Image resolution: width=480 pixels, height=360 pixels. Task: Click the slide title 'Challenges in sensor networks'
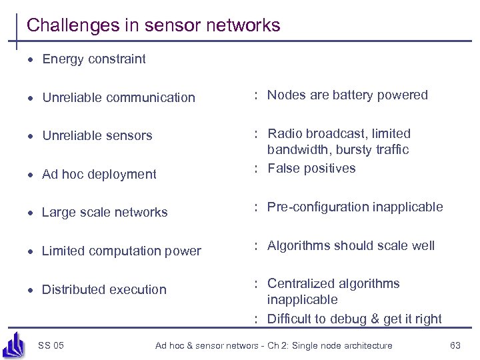pyautogui.click(x=153, y=25)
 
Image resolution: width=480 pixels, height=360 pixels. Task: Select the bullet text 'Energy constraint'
pyautogui.click(x=93, y=59)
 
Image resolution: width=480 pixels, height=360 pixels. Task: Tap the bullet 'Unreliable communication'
pyautogui.click(x=118, y=97)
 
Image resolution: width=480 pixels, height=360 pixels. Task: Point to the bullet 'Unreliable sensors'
pyautogui.click(x=97, y=135)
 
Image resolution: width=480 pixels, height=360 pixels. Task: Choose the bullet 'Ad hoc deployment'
pyautogui.click(x=99, y=174)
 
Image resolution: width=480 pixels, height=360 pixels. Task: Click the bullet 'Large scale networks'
pyautogui.click(x=104, y=212)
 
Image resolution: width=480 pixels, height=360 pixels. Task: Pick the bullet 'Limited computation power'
pyautogui.click(x=121, y=251)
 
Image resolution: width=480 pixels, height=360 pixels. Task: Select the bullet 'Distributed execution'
pyautogui.click(x=103, y=289)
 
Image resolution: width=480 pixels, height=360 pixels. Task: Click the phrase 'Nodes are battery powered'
pyautogui.click(x=347, y=95)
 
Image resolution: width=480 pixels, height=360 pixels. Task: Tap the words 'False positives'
pyautogui.click(x=311, y=168)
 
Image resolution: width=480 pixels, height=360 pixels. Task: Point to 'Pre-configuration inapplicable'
pyautogui.click(x=355, y=207)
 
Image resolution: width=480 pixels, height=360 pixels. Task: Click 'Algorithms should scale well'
pyautogui.click(x=351, y=245)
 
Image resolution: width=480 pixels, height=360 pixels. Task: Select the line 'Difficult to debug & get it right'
pyautogui.click(x=354, y=319)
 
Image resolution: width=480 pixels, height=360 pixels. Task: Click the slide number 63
pyautogui.click(x=455, y=345)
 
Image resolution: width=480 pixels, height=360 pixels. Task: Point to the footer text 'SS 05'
pyautogui.click(x=51, y=345)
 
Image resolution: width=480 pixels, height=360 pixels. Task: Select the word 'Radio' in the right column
pyautogui.click(x=285, y=133)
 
